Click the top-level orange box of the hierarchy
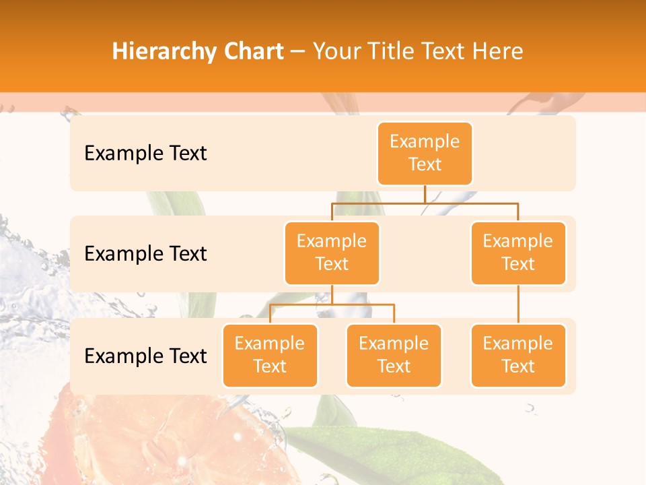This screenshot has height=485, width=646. click(425, 153)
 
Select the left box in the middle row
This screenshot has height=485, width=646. click(332, 253)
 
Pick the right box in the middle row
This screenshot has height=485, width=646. click(518, 253)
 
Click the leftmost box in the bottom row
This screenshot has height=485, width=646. click(270, 355)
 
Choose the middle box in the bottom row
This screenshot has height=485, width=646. click(394, 355)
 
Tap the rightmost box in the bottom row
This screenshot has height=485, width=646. click(518, 355)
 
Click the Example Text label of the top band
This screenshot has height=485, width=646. click(145, 154)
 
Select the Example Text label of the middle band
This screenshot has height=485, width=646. click(145, 254)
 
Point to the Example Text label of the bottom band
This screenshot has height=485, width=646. click(145, 356)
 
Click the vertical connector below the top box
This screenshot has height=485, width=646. click(425, 194)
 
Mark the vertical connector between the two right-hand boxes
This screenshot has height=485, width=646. click(518, 304)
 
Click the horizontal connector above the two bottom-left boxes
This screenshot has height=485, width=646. click(332, 304)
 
